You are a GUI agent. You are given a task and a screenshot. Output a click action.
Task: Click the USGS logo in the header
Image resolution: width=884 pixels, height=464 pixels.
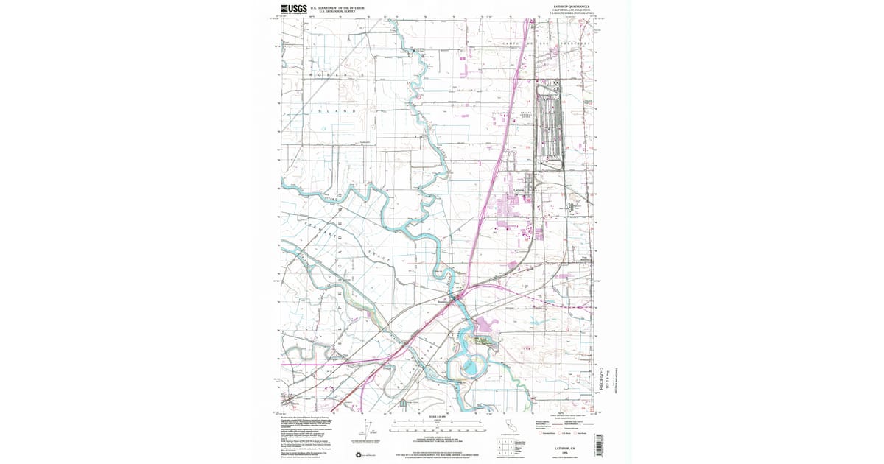(x=293, y=9)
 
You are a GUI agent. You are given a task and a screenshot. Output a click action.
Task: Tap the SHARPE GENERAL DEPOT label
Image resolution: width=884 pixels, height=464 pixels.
(x=520, y=115)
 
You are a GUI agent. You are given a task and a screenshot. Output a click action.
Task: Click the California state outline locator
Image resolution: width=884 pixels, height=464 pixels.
(x=508, y=428)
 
